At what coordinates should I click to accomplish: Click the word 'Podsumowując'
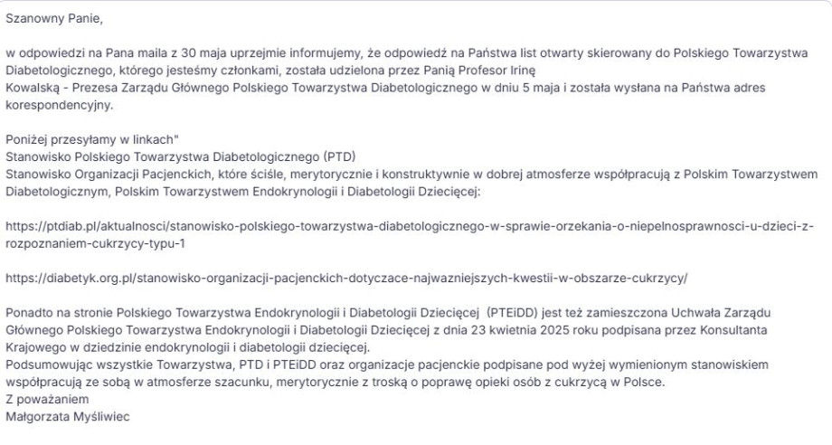click(46, 365)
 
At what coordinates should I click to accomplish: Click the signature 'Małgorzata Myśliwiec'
click(71, 418)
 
